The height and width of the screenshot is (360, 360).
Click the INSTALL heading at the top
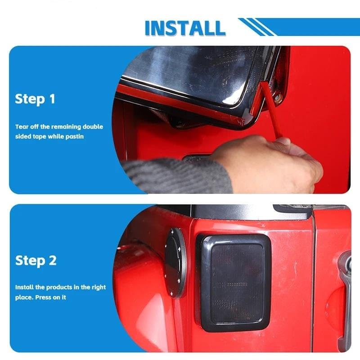pos(185,28)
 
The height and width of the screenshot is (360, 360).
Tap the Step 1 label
pos(35,99)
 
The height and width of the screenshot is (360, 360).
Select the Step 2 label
pos(36,261)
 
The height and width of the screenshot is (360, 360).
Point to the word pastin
pos(75,137)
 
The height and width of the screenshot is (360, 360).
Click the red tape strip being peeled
pos(271,110)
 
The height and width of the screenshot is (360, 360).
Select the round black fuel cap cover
pos(175,263)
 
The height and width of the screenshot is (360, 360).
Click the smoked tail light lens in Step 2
pos(237,283)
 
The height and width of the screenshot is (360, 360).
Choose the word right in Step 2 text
pos(99,288)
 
